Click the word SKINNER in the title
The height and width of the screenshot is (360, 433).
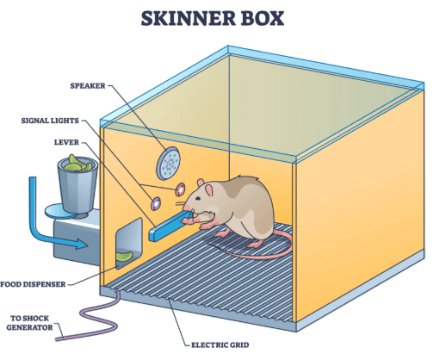click(x=188, y=19)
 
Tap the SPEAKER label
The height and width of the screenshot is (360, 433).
click(x=88, y=86)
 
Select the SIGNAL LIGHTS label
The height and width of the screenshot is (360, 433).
click(x=50, y=121)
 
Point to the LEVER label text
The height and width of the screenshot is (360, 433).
click(x=66, y=142)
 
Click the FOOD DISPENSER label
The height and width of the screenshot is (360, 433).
click(x=33, y=284)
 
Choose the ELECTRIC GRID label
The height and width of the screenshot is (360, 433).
click(x=220, y=344)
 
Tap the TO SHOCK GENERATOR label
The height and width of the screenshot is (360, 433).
click(x=29, y=323)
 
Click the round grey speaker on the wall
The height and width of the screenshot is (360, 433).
click(x=168, y=164)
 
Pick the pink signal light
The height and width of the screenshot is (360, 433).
click(x=181, y=189)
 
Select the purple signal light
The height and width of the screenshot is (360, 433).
click(x=156, y=203)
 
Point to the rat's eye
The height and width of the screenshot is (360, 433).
click(x=198, y=198)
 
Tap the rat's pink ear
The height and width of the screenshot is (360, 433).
click(x=208, y=190)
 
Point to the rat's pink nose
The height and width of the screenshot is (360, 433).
click(x=187, y=208)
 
